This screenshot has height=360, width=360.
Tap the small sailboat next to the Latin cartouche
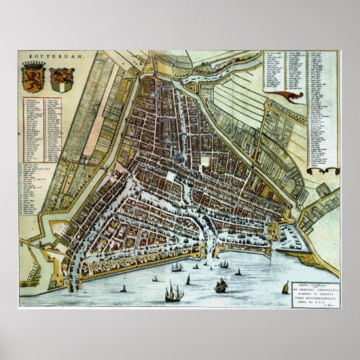pyautogui.click(x=285, y=288)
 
